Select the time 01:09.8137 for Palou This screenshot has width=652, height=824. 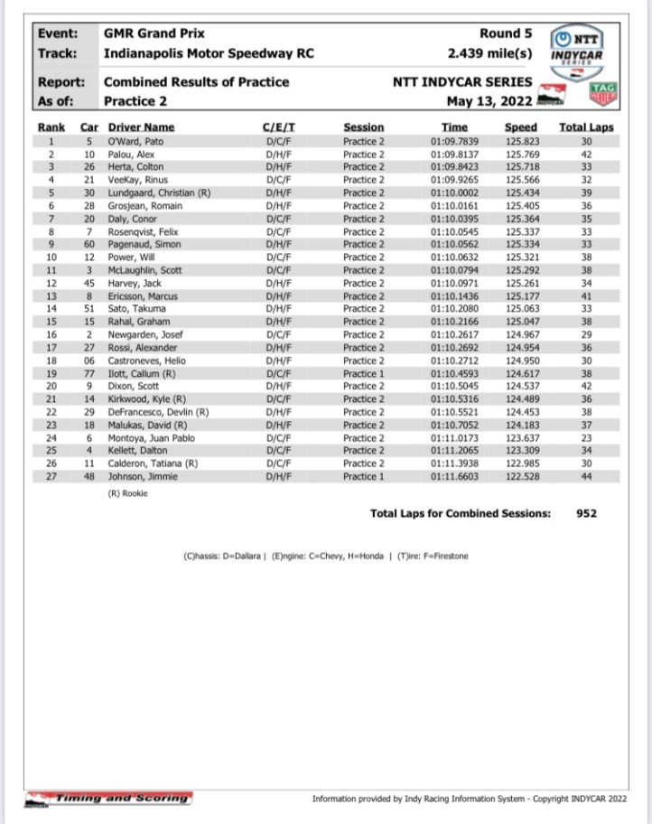click(x=455, y=154)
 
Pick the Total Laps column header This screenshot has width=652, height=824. click(x=586, y=127)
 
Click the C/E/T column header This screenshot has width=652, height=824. click(x=277, y=127)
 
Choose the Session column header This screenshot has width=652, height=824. click(x=364, y=127)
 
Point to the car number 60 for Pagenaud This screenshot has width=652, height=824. click(x=88, y=244)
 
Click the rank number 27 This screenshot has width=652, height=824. click(x=52, y=476)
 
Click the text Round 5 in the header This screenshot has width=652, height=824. click(x=506, y=33)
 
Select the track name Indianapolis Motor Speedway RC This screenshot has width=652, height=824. click(x=209, y=53)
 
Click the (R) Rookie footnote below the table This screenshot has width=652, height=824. click(x=127, y=493)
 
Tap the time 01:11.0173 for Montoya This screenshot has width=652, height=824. click(x=455, y=437)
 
